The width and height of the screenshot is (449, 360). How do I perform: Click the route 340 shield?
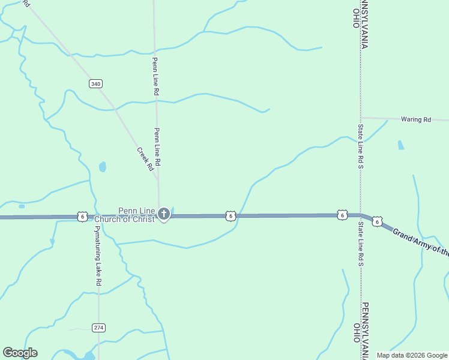pos(95,83)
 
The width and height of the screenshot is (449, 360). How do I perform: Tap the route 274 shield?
pos(99,327)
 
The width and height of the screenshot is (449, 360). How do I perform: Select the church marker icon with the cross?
pos(163,214)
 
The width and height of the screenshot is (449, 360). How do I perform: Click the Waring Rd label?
pos(417,120)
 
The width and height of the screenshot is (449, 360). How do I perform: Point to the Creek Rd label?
pos(145,160)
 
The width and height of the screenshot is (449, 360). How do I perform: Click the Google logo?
pos(20,353)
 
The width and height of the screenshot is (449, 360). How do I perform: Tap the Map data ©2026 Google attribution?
pos(412,355)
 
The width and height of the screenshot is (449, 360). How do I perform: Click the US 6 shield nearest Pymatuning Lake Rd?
pos(82,216)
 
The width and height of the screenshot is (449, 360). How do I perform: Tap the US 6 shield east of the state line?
pos(376,222)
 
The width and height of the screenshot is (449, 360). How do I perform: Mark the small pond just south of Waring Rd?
pos(400,145)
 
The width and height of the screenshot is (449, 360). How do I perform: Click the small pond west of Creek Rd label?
pos(103,166)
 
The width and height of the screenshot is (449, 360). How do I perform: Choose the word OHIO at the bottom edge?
pos(356,332)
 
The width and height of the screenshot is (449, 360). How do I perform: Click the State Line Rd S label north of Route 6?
pos(361,145)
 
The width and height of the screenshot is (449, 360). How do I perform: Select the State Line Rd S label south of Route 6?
pos(361,244)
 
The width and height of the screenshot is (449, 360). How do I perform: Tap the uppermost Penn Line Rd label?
pos(155,76)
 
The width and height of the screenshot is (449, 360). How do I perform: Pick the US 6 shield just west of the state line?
pos(342,215)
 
